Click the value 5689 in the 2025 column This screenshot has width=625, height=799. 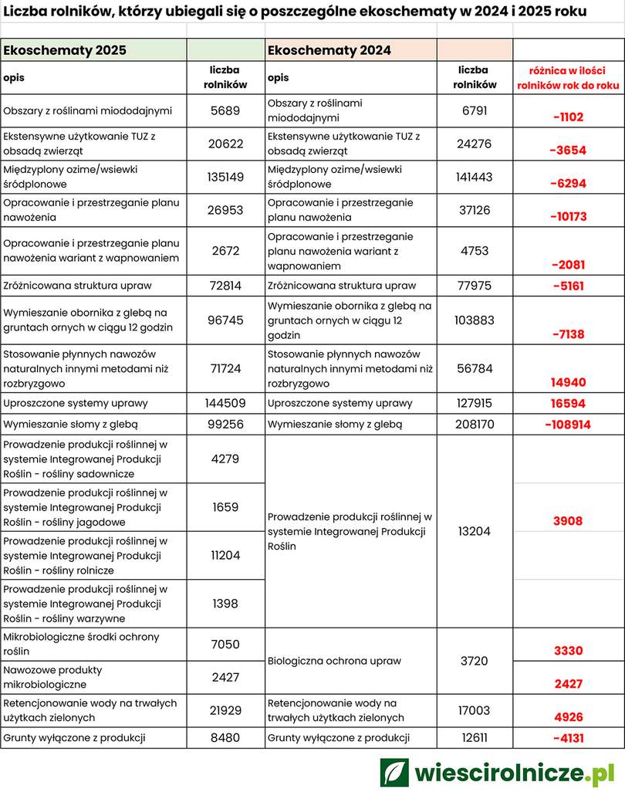225,110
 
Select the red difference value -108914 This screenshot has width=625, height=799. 567,425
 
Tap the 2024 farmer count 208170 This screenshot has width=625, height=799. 475,424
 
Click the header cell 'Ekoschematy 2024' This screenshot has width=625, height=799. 329,50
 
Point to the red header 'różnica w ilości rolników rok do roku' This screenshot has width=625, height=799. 568,78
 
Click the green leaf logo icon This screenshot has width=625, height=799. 394,772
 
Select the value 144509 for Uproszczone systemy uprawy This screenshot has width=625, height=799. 225,403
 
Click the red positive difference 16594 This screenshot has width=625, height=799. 568,404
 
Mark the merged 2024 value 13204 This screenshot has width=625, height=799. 475,531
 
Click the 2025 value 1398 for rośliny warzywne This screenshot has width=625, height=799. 225,603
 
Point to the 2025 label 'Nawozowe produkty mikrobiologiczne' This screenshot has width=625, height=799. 52,677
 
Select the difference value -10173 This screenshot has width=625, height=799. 568,217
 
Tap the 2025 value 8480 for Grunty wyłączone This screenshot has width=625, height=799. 225,737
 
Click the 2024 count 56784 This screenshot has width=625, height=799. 475,368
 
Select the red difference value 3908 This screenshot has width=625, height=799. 568,521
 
